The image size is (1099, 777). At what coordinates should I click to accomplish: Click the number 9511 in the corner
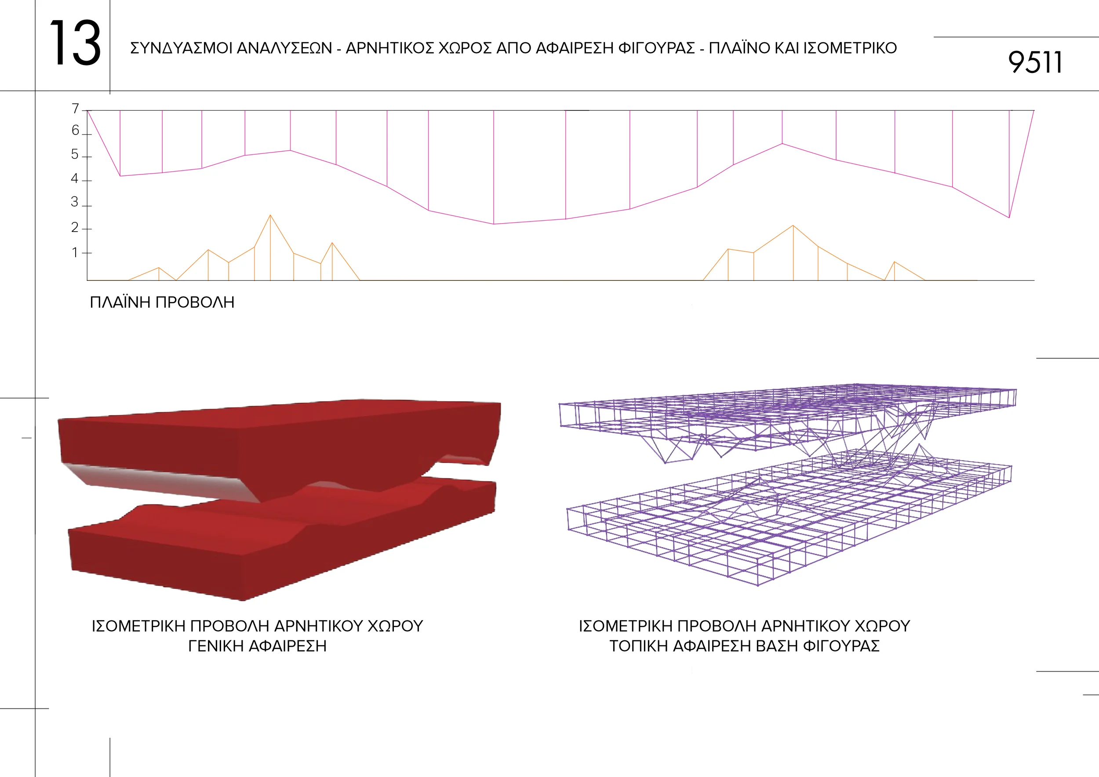pyautogui.click(x=1034, y=63)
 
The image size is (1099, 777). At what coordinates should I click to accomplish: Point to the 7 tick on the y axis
pyautogui.click(x=75, y=109)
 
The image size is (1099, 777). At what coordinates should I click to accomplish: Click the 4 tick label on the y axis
pyautogui.click(x=75, y=179)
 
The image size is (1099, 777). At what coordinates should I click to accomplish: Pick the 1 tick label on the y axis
pyautogui.click(x=75, y=253)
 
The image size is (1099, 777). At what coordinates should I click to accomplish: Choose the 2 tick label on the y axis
pyautogui.click(x=75, y=228)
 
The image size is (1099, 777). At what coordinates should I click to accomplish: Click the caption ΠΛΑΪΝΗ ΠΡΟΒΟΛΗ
pyautogui.click(x=162, y=302)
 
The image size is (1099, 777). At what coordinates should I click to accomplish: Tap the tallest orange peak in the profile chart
pyautogui.click(x=270, y=216)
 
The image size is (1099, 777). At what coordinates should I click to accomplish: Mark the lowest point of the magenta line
pyautogui.click(x=494, y=224)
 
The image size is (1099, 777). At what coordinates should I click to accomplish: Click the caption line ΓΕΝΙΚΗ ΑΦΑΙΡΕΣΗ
pyautogui.click(x=258, y=646)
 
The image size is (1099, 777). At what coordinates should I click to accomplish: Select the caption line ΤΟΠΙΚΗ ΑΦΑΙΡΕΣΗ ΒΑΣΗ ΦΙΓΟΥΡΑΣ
pyautogui.click(x=744, y=646)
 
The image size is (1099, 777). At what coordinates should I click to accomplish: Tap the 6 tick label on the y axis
pyautogui.click(x=75, y=131)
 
